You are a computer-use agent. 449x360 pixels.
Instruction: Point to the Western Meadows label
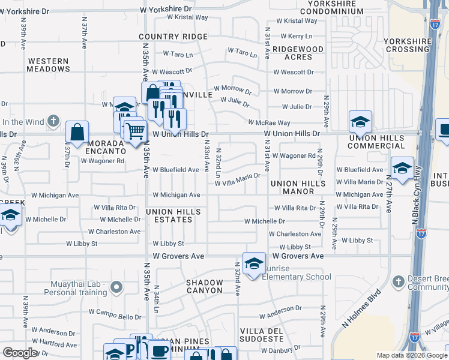(x=49, y=65)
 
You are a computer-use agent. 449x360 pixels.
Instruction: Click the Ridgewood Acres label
(x=298, y=53)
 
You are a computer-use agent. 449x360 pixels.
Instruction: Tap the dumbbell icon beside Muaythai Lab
(x=116, y=289)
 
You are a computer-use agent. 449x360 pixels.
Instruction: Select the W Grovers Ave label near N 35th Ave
(x=178, y=256)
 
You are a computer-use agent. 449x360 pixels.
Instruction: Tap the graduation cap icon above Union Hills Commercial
(x=361, y=123)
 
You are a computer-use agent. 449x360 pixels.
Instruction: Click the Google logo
(x=20, y=353)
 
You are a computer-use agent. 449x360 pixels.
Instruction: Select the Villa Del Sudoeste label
(x=269, y=335)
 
